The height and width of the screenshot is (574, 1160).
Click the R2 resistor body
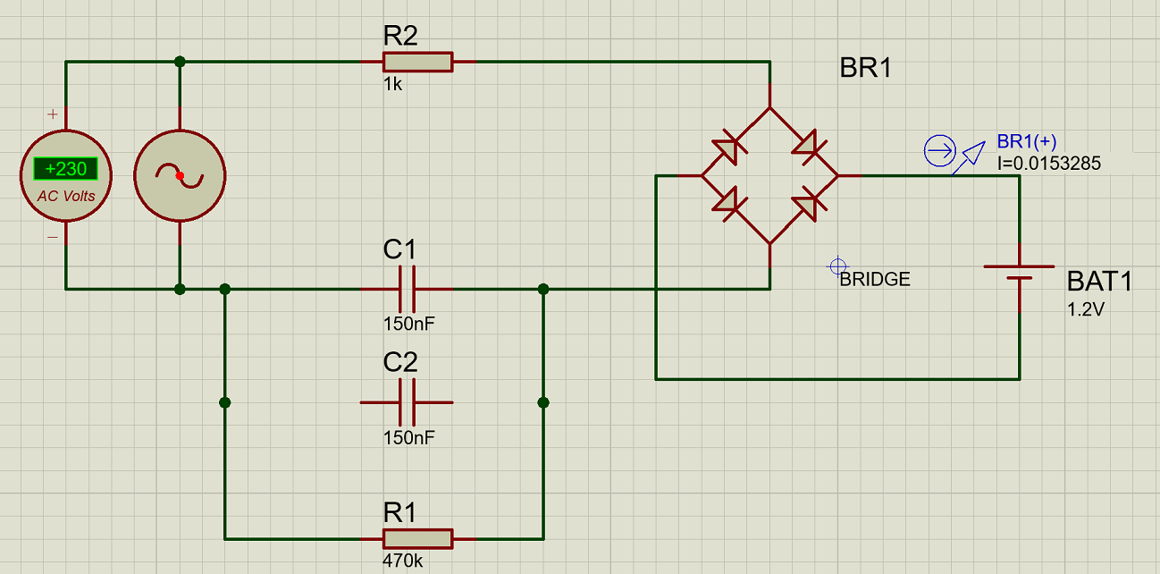pyautogui.click(x=418, y=62)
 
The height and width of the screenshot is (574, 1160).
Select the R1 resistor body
pyautogui.click(x=418, y=539)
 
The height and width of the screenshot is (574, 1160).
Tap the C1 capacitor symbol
pyautogui.click(x=407, y=289)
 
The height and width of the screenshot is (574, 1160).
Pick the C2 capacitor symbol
pyautogui.click(x=407, y=402)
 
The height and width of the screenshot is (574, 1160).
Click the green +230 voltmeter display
pyautogui.click(x=66, y=169)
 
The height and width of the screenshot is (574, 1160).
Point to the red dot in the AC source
pyautogui.click(x=180, y=176)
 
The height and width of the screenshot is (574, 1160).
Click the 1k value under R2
pyautogui.click(x=392, y=84)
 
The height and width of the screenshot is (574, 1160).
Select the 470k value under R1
pyautogui.click(x=402, y=561)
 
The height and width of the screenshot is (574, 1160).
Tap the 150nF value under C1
pyautogui.click(x=408, y=324)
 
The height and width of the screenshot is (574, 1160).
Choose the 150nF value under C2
pyautogui.click(x=408, y=438)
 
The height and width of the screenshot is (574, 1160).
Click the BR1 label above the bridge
pyautogui.click(x=865, y=68)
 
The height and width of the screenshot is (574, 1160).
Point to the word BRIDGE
pyautogui.click(x=875, y=279)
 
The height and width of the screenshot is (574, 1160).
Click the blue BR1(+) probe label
pyautogui.click(x=1026, y=141)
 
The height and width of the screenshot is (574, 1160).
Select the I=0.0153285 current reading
pyautogui.click(x=1048, y=164)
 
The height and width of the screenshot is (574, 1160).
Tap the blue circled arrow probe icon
pyautogui.click(x=939, y=151)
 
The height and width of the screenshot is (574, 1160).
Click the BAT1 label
pyautogui.click(x=1099, y=282)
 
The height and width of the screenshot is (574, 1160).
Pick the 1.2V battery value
pyautogui.click(x=1086, y=309)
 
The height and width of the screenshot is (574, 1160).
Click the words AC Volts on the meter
pyautogui.click(x=66, y=197)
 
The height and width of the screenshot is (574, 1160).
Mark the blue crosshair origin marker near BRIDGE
pyautogui.click(x=837, y=266)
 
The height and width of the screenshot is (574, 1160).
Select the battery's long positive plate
pyautogui.click(x=1019, y=266)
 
